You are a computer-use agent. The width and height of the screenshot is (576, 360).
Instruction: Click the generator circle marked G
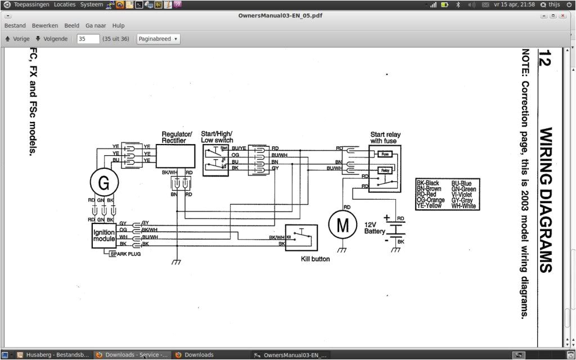[104, 183]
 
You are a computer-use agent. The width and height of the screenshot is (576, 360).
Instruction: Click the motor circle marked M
[343, 224]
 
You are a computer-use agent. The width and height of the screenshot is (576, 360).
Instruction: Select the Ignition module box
[104, 236]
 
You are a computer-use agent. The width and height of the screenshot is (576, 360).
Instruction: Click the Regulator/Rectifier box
[175, 156]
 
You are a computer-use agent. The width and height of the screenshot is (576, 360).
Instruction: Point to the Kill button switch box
[301, 238]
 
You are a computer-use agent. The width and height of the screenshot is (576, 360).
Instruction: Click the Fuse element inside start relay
[385, 154]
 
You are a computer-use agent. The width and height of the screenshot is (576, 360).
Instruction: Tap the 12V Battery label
[375, 228]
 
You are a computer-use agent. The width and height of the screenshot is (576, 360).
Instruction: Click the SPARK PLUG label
[125, 254]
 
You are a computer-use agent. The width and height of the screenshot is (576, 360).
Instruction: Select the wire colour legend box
[446, 195]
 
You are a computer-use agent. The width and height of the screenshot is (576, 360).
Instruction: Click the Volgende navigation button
[51, 39]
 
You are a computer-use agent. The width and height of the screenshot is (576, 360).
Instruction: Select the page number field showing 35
[88, 39]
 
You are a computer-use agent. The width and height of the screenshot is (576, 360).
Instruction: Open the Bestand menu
[15, 26]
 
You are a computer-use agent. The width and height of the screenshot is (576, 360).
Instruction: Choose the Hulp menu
[118, 26]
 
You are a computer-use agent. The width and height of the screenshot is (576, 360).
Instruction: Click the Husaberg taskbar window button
[53, 355]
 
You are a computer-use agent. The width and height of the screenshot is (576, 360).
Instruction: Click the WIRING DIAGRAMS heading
[545, 200]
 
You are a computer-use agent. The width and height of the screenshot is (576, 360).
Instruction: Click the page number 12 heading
[544, 58]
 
